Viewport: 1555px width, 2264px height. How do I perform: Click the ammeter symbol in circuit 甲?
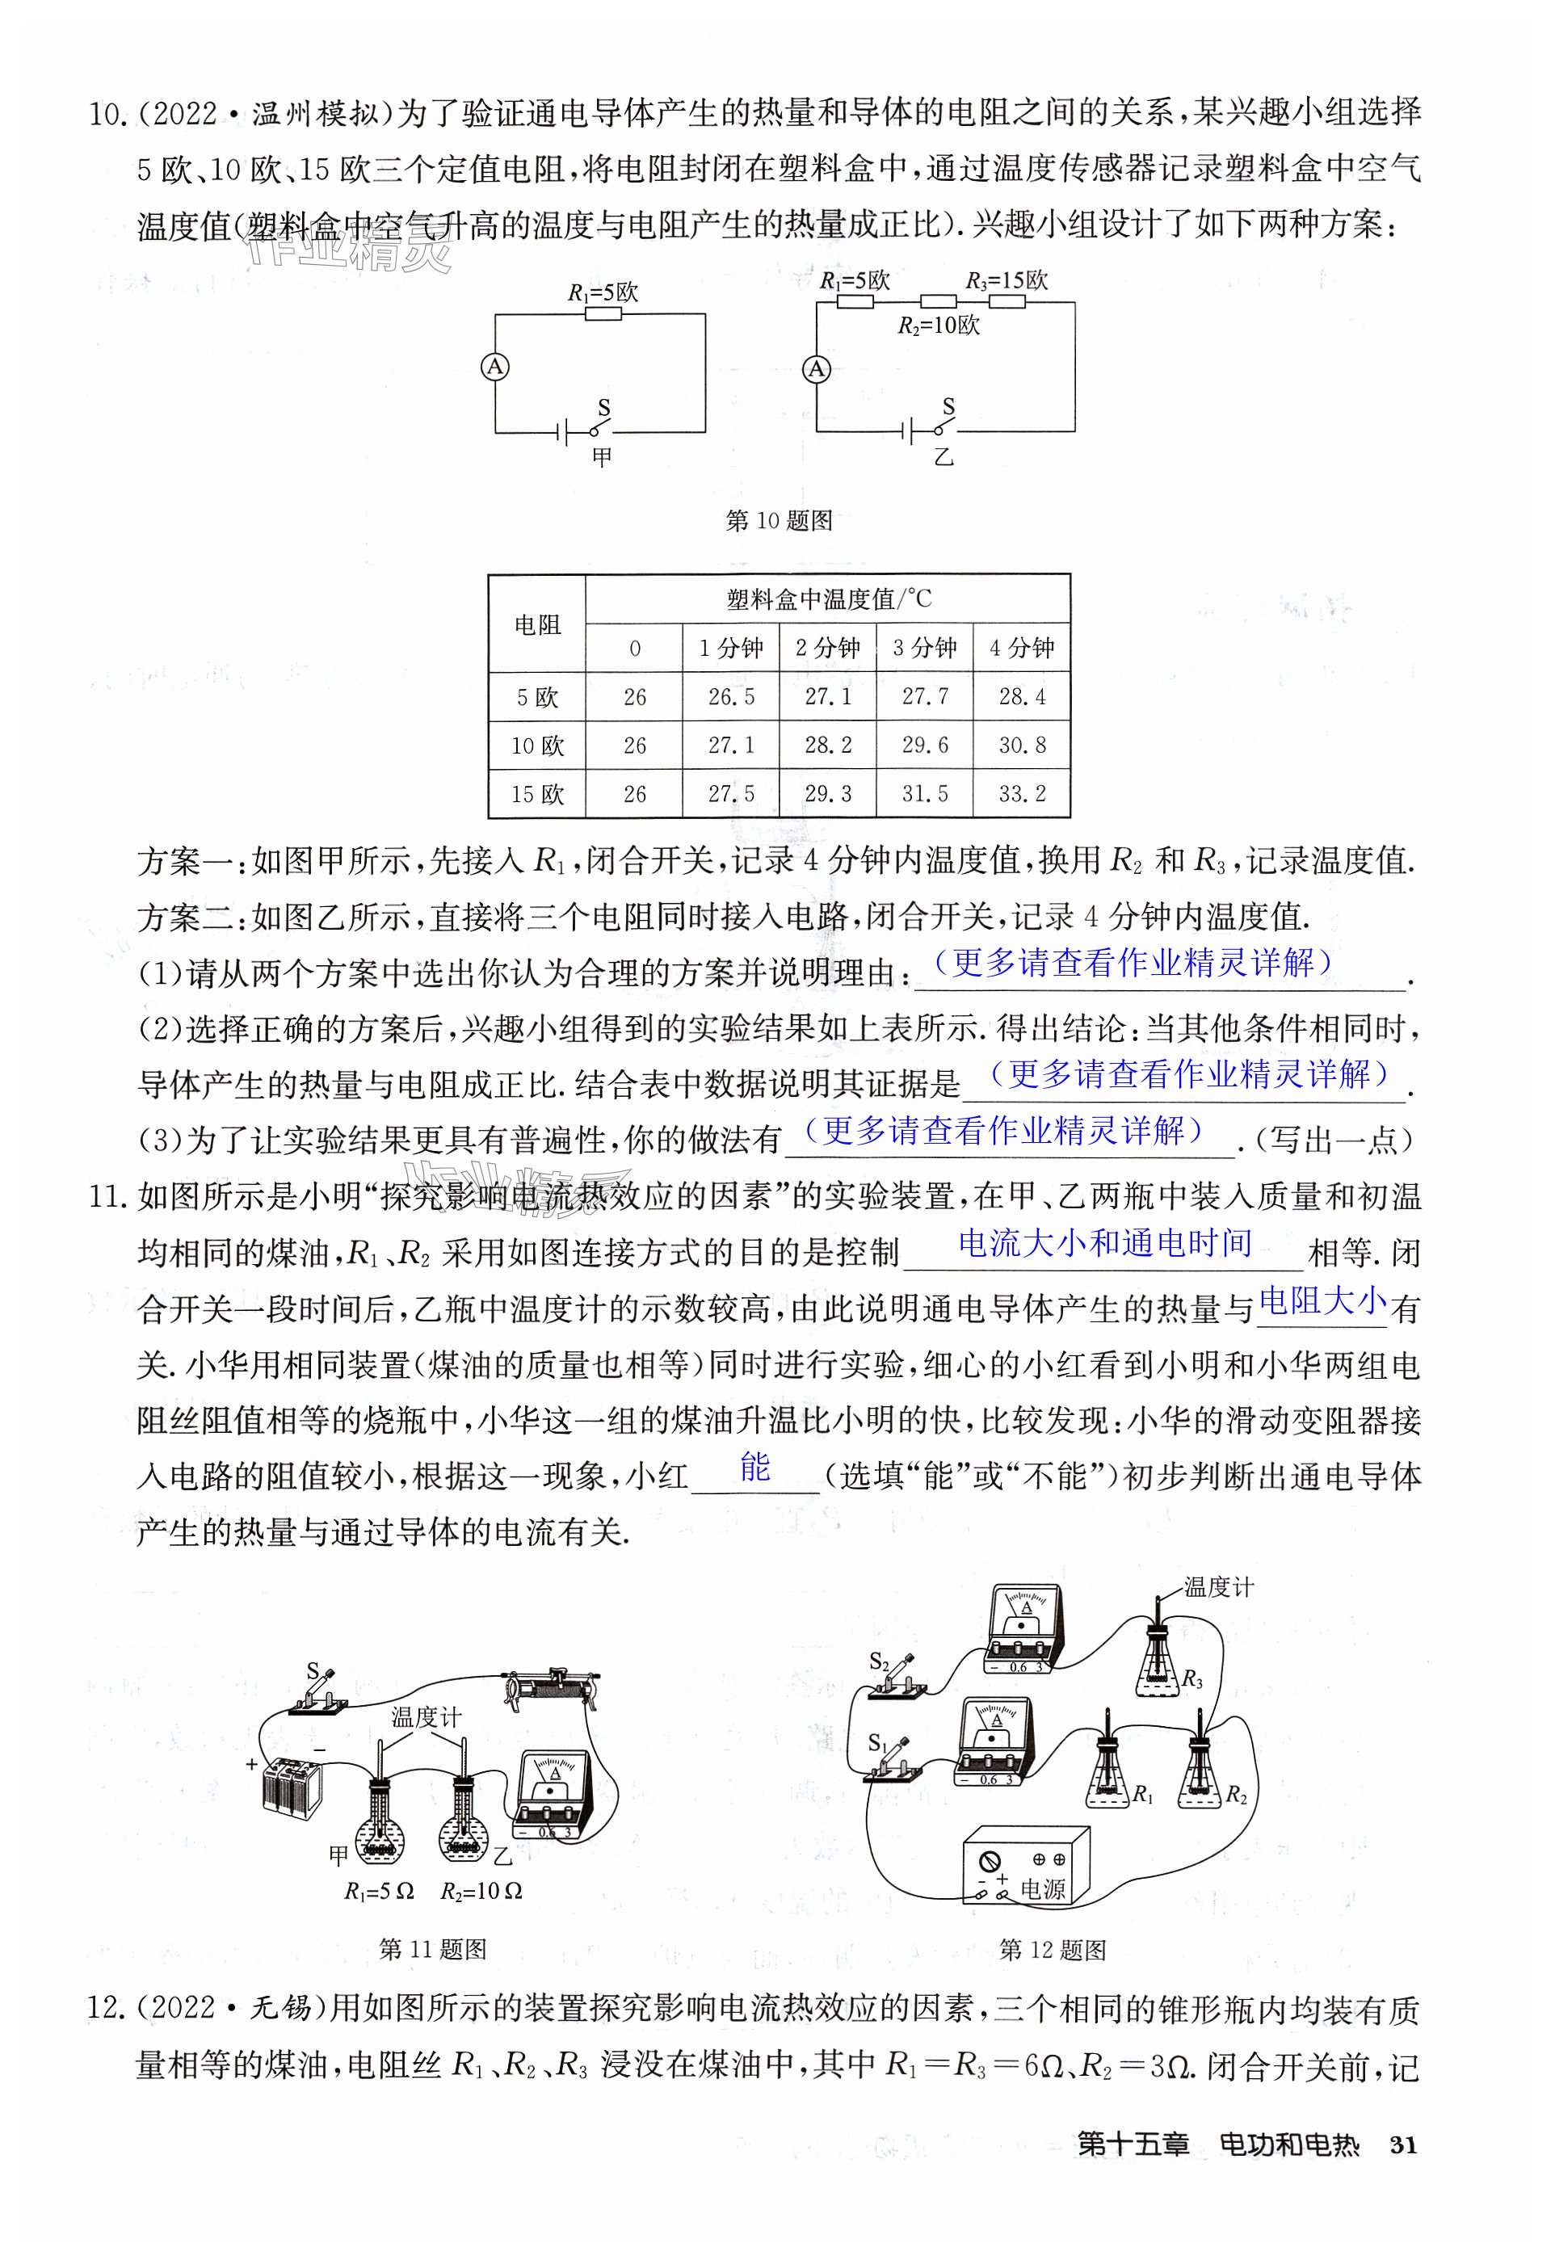tap(495, 366)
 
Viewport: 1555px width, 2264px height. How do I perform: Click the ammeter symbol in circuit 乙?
tap(817, 368)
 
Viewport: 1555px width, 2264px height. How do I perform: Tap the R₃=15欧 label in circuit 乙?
tap(1007, 280)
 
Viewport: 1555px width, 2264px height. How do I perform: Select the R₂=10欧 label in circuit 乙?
tap(939, 326)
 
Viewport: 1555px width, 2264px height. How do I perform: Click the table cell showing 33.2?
tap(1021, 794)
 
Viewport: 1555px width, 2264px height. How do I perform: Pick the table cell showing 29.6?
tap(925, 746)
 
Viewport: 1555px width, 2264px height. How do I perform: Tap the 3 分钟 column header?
tap(925, 648)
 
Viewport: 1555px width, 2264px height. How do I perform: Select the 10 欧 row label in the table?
tap(537, 746)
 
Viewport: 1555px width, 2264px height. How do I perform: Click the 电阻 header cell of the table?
tap(537, 624)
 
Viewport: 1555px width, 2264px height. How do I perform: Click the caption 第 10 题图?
tap(779, 520)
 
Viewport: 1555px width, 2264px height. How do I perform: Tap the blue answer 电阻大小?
tap(1322, 1300)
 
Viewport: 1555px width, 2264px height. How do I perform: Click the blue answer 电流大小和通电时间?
tap(1105, 1243)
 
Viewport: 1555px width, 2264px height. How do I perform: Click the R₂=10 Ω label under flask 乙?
tap(481, 1890)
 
